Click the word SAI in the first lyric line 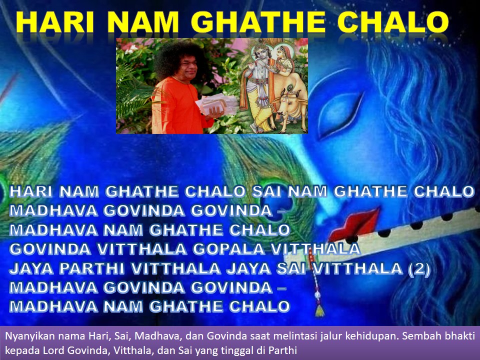267,191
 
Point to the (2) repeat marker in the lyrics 419,269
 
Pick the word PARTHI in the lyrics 92,269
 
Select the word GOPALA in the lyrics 228,249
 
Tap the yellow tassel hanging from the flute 320,311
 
